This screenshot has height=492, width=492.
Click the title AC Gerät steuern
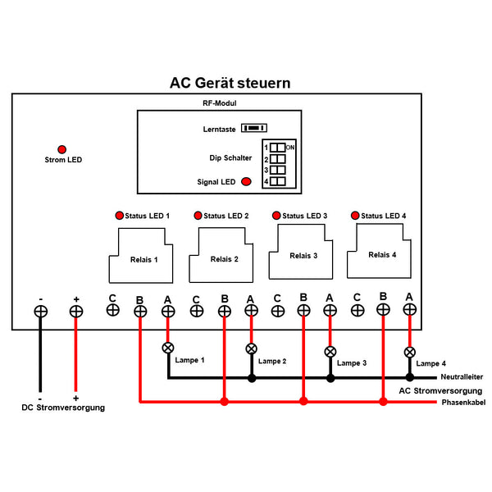pos(230,83)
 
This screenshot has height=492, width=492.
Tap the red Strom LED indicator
pos(61,143)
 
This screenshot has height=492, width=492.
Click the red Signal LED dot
pos(246,182)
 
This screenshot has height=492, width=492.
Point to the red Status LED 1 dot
pos(120,216)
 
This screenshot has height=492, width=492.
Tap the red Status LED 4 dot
pos(355,215)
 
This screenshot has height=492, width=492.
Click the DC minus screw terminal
pos(39,312)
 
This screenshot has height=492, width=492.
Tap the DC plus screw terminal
pos(76,312)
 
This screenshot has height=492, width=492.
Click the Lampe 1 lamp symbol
pos(168,348)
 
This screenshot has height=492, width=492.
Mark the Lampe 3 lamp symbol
pos(330,351)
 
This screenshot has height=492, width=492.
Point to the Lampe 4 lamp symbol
pos(409,352)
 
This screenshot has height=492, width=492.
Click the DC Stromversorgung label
pos(63,407)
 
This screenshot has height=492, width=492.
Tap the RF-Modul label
pos(219,103)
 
